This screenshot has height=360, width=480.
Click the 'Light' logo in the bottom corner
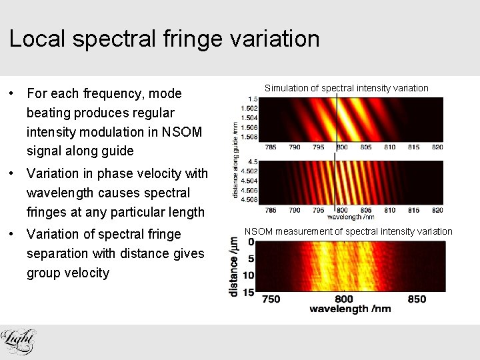(18, 341)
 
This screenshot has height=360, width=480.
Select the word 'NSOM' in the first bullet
(182, 132)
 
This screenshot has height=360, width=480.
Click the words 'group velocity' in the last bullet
(67, 273)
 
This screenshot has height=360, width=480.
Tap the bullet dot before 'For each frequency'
(13, 94)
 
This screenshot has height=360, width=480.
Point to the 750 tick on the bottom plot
(271, 299)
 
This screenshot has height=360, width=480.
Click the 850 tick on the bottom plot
(417, 299)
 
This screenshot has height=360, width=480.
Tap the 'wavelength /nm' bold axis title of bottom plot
(350, 309)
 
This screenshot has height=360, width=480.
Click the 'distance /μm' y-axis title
(234, 267)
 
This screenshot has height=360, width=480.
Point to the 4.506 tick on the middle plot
(249, 191)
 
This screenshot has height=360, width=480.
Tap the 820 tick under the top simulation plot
(437, 147)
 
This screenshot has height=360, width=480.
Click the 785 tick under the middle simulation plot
(271, 210)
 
